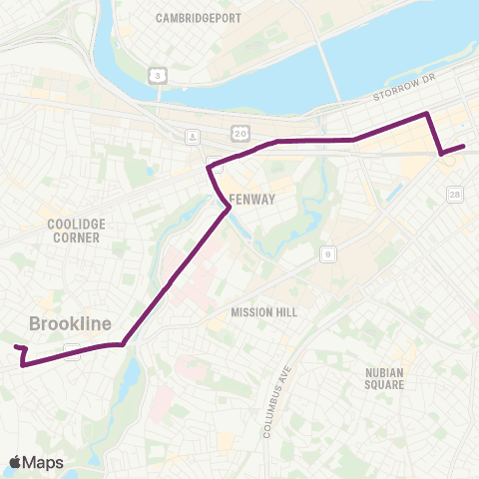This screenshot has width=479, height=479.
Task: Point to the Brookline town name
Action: point(70,323)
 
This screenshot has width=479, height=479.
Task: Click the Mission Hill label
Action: point(264,311)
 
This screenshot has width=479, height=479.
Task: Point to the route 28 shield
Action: point(455,194)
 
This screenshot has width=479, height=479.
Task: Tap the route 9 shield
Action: point(328,256)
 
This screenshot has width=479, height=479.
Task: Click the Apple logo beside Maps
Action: point(16,462)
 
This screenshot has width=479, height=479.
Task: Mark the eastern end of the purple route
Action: point(464,148)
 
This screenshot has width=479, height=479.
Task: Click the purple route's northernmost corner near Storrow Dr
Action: point(428,114)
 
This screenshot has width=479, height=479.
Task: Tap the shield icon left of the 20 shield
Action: point(191,136)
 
